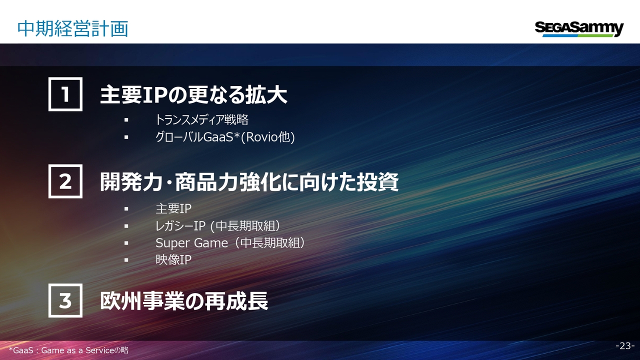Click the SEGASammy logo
(579, 29)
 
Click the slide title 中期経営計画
(72, 29)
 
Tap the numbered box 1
(65, 94)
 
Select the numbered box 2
(65, 181)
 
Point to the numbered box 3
(65, 300)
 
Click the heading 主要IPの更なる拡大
(193, 94)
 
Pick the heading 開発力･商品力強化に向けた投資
(249, 181)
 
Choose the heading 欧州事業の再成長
(184, 301)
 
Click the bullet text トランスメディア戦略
(201, 119)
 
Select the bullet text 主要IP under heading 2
(173, 208)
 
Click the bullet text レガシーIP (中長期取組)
(217, 226)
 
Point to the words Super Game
(191, 243)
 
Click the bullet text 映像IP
(173, 259)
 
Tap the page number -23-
(625, 345)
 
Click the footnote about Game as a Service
(68, 350)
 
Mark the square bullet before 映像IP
(126, 260)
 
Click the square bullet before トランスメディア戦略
(126, 120)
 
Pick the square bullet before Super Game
(126, 243)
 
